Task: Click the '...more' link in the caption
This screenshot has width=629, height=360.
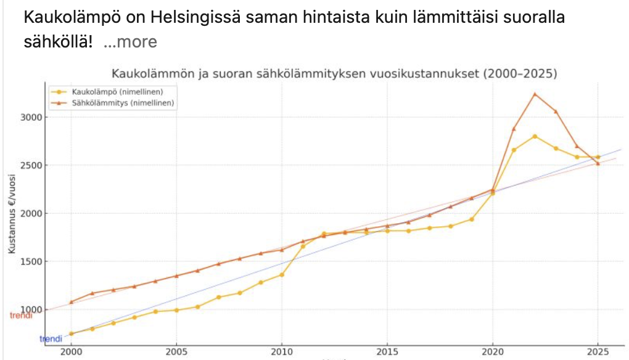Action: coord(130,42)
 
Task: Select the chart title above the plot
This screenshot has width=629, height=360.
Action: coord(334,73)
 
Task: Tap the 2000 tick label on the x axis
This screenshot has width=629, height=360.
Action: coord(72,351)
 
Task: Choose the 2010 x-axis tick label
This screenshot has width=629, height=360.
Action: coord(282,351)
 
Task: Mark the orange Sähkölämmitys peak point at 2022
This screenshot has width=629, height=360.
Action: coord(535,94)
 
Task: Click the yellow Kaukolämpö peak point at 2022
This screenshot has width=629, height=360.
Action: coord(535,136)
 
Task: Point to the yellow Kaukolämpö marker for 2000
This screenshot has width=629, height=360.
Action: coord(72,333)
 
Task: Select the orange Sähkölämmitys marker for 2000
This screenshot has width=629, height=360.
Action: coord(72,302)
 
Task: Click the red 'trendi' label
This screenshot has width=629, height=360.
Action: coord(21,316)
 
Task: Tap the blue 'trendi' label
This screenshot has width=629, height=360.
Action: coord(51,338)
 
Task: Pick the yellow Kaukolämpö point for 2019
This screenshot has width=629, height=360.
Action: coord(471,219)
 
